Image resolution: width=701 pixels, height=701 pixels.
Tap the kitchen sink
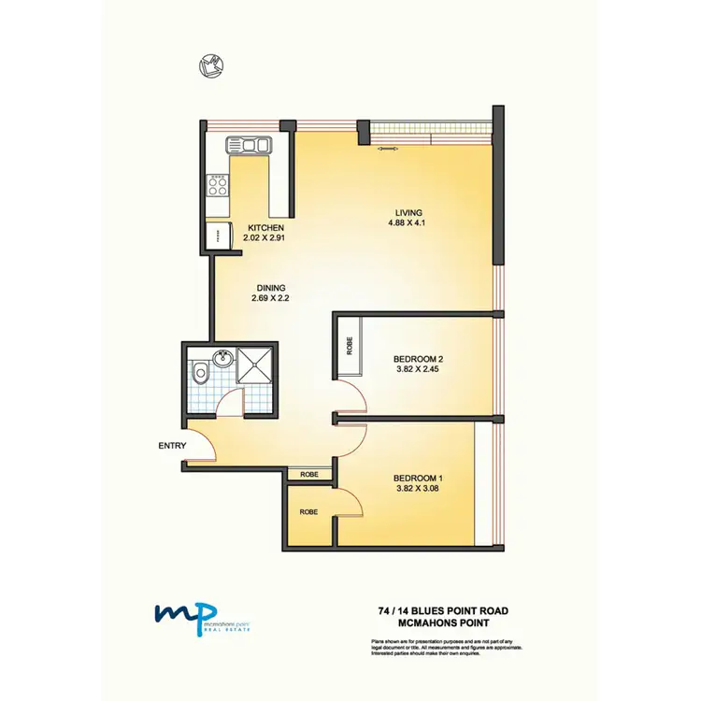(x=248, y=146)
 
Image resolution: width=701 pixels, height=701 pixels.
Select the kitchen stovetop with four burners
(x=219, y=183)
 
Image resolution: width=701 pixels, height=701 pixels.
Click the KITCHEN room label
(x=265, y=228)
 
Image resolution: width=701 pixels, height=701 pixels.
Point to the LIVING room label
(x=408, y=211)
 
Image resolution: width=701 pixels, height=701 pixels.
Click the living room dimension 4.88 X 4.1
(x=408, y=222)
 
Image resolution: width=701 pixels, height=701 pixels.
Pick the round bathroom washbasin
(x=222, y=359)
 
